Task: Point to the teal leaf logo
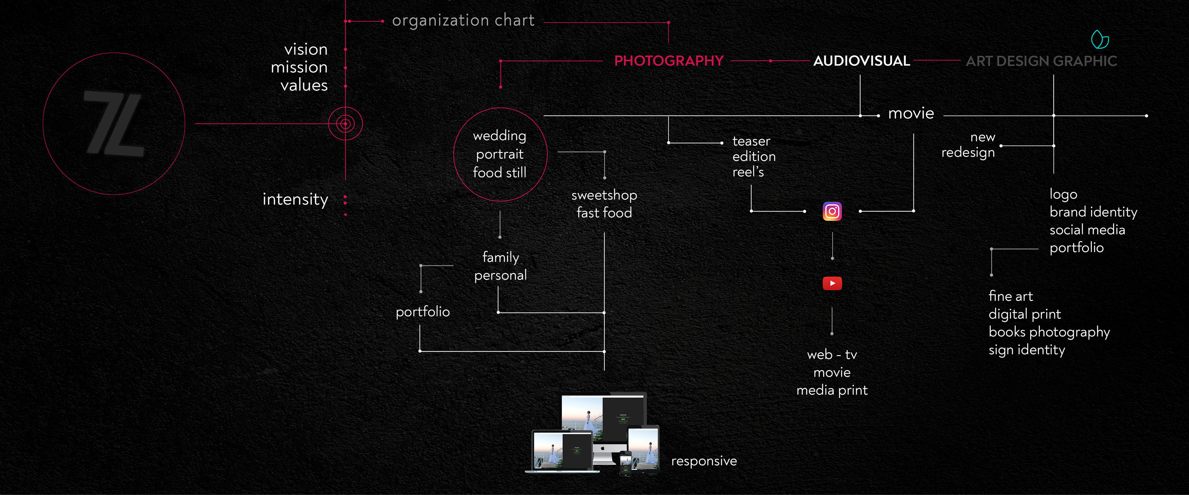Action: tap(1100, 40)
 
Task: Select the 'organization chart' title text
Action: tap(463, 20)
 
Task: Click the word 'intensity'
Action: tap(295, 199)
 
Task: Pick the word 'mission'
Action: tap(299, 67)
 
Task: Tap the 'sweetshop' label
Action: tap(604, 195)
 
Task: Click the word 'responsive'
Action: tap(703, 461)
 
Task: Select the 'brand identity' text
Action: tap(1093, 212)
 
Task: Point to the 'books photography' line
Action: tap(1049, 332)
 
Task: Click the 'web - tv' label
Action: tap(832, 354)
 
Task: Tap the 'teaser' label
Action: tap(751, 141)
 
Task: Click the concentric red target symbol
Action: tap(345, 124)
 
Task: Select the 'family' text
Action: tap(500, 257)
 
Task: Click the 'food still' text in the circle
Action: tap(499, 173)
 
